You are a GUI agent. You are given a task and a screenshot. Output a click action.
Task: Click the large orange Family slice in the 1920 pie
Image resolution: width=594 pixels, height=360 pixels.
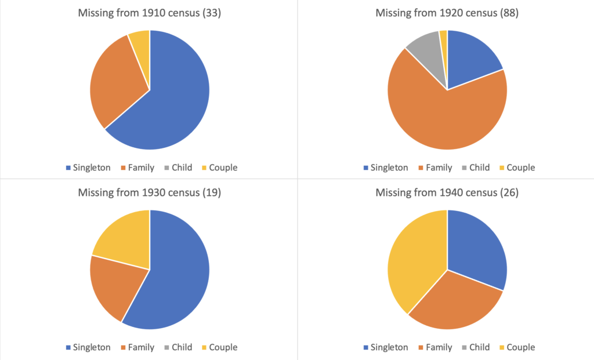(x=447, y=117)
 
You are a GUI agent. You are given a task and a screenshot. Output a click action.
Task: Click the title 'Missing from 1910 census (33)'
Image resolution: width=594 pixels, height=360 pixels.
(x=150, y=13)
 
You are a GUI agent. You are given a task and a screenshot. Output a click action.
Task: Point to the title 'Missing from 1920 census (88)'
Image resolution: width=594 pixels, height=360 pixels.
(x=447, y=13)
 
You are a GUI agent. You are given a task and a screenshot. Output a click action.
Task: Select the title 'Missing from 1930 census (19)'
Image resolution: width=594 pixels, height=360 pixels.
(x=150, y=192)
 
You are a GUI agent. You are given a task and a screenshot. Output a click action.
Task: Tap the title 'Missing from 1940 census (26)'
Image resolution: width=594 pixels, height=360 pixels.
(x=447, y=192)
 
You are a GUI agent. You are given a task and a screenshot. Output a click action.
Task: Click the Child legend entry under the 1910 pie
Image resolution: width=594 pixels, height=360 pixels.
(x=178, y=168)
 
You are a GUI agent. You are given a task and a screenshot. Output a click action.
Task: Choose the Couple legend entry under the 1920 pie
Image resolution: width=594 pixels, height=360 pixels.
(x=517, y=168)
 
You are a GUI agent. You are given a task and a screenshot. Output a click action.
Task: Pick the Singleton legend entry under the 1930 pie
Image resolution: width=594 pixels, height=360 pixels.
(x=88, y=347)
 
